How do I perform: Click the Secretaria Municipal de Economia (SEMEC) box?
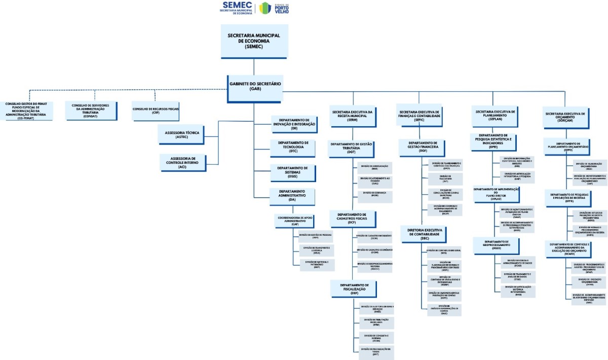(254, 41)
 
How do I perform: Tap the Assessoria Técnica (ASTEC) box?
(182, 134)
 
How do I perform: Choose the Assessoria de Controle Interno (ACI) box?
(182, 162)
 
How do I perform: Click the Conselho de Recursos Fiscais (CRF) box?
(156, 111)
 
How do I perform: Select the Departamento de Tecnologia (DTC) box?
(293, 147)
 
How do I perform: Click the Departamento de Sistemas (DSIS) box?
(293, 172)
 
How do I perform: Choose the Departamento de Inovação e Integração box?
(294, 123)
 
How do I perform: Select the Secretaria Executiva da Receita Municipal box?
(353, 115)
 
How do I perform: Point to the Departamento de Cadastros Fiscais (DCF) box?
(353, 218)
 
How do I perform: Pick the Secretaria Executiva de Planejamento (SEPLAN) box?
(495, 115)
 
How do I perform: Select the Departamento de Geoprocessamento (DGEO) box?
(496, 246)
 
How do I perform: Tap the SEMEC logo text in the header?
(237, 7)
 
